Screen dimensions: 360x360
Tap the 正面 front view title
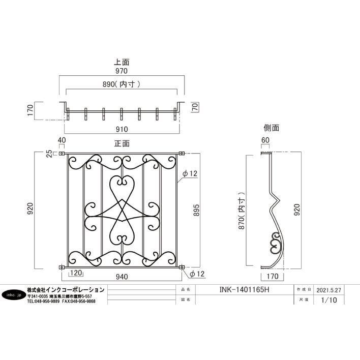(122, 144)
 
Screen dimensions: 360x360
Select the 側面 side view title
(272, 128)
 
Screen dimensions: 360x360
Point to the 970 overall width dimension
(122, 71)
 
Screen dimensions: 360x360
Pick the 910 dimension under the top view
(122, 130)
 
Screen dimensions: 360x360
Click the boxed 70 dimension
(194, 107)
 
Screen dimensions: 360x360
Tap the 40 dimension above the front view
(62, 141)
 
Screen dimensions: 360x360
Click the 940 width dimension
(122, 278)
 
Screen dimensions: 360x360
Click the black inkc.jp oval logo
(12, 295)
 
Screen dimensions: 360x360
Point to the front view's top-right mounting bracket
(182, 153)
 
